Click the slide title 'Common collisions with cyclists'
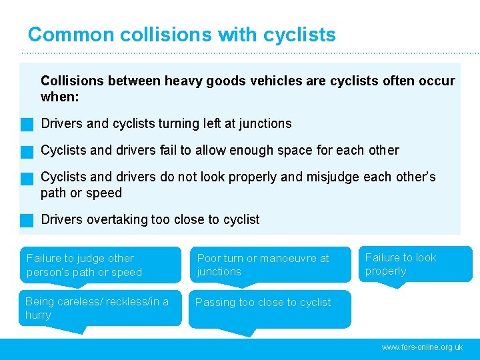[181, 35]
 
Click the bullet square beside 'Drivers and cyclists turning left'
[27, 124]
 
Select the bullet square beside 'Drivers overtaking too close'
[27, 220]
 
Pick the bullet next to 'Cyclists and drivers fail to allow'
[27, 151]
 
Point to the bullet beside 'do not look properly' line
[27, 178]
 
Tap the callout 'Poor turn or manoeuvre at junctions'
[269, 265]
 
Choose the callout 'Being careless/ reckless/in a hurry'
[100, 308]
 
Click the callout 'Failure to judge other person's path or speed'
[100, 265]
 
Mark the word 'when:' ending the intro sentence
[60, 97]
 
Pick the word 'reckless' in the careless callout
[116, 301]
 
